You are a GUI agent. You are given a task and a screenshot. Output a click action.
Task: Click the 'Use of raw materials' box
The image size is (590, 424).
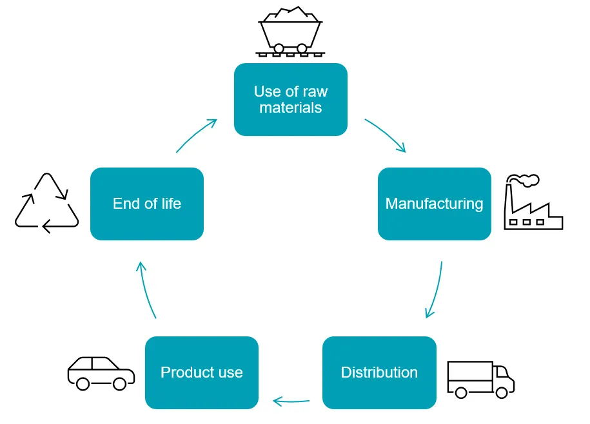[290, 99]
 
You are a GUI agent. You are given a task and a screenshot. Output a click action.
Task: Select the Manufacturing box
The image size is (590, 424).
[434, 204]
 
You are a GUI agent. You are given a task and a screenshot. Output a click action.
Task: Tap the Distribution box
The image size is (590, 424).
[379, 372]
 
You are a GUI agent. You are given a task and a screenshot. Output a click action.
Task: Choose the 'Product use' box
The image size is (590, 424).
[201, 372]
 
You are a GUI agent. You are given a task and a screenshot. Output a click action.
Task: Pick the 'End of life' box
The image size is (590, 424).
[147, 204]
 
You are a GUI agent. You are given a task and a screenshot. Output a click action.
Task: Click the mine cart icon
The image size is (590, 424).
[290, 32]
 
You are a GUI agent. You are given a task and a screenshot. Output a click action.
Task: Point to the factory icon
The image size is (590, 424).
[534, 203]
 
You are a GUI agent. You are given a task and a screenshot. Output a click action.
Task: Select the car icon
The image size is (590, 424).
[101, 373]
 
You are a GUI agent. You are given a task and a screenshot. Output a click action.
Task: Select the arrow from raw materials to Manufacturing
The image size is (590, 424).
[386, 135]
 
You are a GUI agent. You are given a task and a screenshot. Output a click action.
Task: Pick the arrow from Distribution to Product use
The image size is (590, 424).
[291, 401]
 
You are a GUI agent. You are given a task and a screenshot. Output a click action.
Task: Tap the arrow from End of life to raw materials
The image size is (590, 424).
[196, 135]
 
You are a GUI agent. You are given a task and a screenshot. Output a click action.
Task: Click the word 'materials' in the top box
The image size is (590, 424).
[290, 108]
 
